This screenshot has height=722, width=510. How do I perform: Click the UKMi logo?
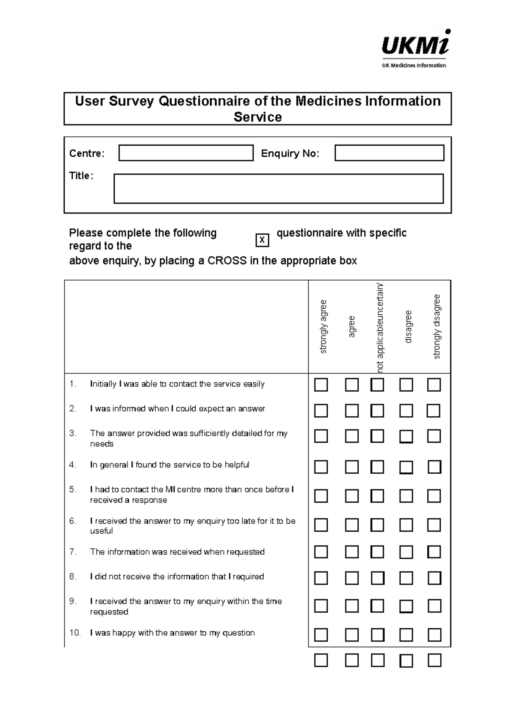(x=416, y=48)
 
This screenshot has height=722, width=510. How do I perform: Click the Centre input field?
(x=186, y=153)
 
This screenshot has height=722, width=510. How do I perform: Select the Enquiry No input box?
(x=389, y=153)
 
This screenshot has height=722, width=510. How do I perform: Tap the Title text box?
(x=278, y=188)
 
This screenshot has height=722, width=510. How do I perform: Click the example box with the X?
(x=262, y=240)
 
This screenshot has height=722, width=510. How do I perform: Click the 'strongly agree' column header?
(x=323, y=327)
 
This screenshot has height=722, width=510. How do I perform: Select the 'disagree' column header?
(x=408, y=327)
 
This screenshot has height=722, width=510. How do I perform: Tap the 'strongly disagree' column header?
(x=436, y=327)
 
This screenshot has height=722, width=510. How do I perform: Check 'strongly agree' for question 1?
(x=321, y=385)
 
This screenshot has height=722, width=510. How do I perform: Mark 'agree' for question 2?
(x=351, y=411)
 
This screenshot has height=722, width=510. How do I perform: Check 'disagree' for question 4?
(x=406, y=467)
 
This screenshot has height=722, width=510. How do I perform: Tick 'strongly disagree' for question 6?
(x=434, y=525)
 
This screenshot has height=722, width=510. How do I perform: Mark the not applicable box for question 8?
(x=377, y=578)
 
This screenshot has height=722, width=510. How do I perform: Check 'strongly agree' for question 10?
(x=321, y=635)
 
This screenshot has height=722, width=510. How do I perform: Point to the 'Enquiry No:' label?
(x=290, y=153)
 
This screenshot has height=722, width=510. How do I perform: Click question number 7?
(x=73, y=552)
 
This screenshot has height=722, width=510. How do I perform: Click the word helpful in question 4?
(x=237, y=465)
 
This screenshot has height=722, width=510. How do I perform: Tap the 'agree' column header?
(x=351, y=327)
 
